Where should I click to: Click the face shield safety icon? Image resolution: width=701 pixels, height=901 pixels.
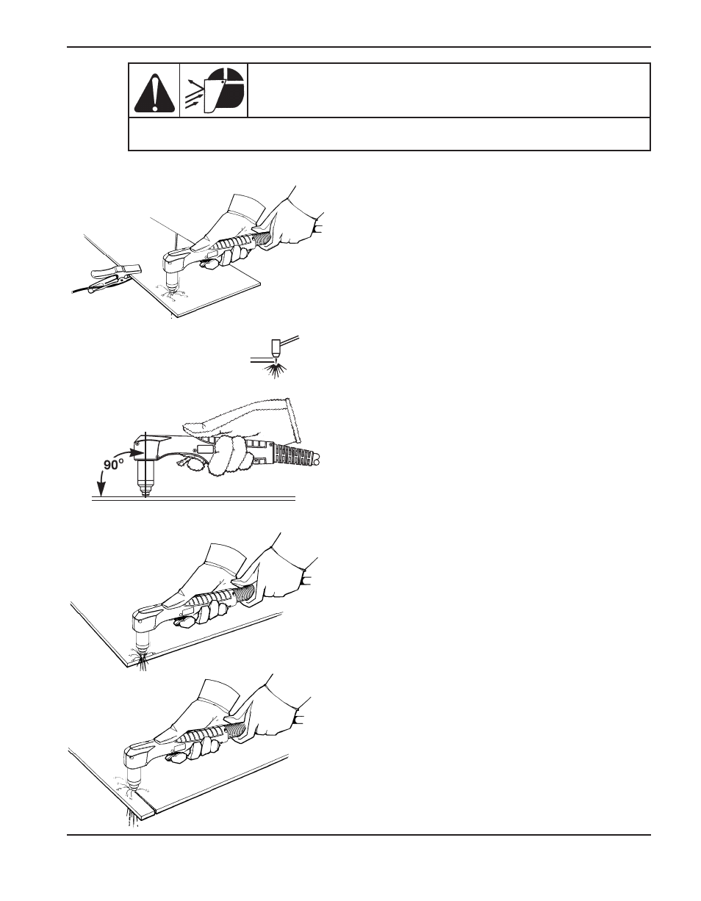(x=214, y=90)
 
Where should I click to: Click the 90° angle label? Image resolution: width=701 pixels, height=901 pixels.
(x=113, y=465)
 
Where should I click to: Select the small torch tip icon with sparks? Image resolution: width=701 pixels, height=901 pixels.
(x=275, y=357)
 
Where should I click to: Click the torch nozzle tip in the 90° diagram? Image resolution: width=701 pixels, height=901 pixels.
(x=145, y=490)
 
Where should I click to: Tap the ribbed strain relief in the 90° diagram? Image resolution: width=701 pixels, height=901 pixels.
(x=296, y=456)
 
